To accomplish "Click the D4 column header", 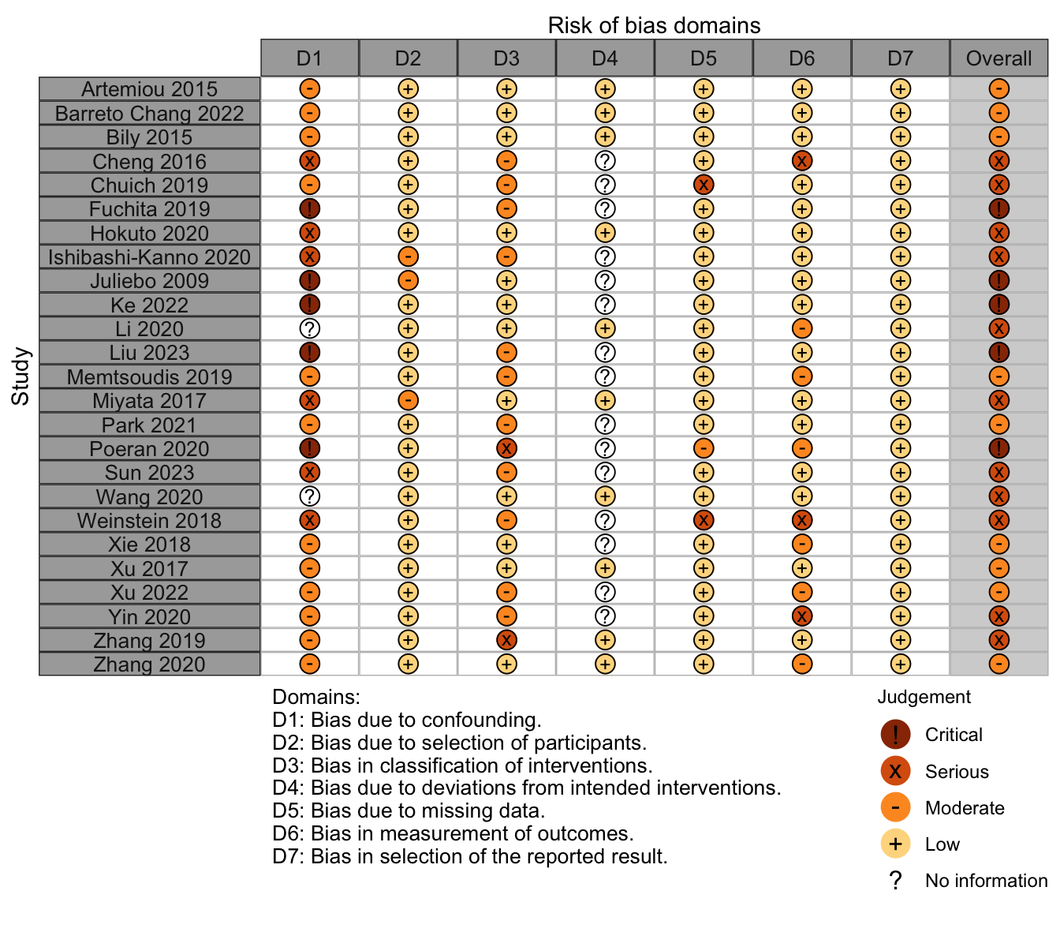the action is click(x=604, y=58).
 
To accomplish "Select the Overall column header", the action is click(x=998, y=58).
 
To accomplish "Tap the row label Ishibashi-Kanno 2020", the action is click(x=149, y=257).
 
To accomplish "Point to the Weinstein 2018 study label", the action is click(x=149, y=520).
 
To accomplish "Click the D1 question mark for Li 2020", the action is click(x=309, y=328).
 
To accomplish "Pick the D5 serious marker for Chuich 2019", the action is click(x=704, y=184).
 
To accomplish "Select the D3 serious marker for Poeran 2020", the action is click(x=506, y=448).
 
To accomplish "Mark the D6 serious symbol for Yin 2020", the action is click(x=801, y=616).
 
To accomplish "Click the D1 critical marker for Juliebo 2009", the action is click(x=309, y=280).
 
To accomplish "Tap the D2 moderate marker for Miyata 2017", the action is click(x=408, y=400).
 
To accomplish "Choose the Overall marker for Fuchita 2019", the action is click(x=998, y=208).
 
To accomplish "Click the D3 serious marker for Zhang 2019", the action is click(x=506, y=640).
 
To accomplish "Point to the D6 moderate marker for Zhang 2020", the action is click(x=801, y=664).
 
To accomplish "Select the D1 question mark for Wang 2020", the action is click(x=309, y=496).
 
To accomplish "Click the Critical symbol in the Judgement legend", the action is click(x=894, y=734).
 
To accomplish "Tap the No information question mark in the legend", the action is click(x=894, y=881).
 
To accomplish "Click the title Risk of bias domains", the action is click(x=654, y=25).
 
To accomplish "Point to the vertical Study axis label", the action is click(x=20, y=376).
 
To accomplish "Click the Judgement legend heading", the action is click(x=924, y=698).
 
